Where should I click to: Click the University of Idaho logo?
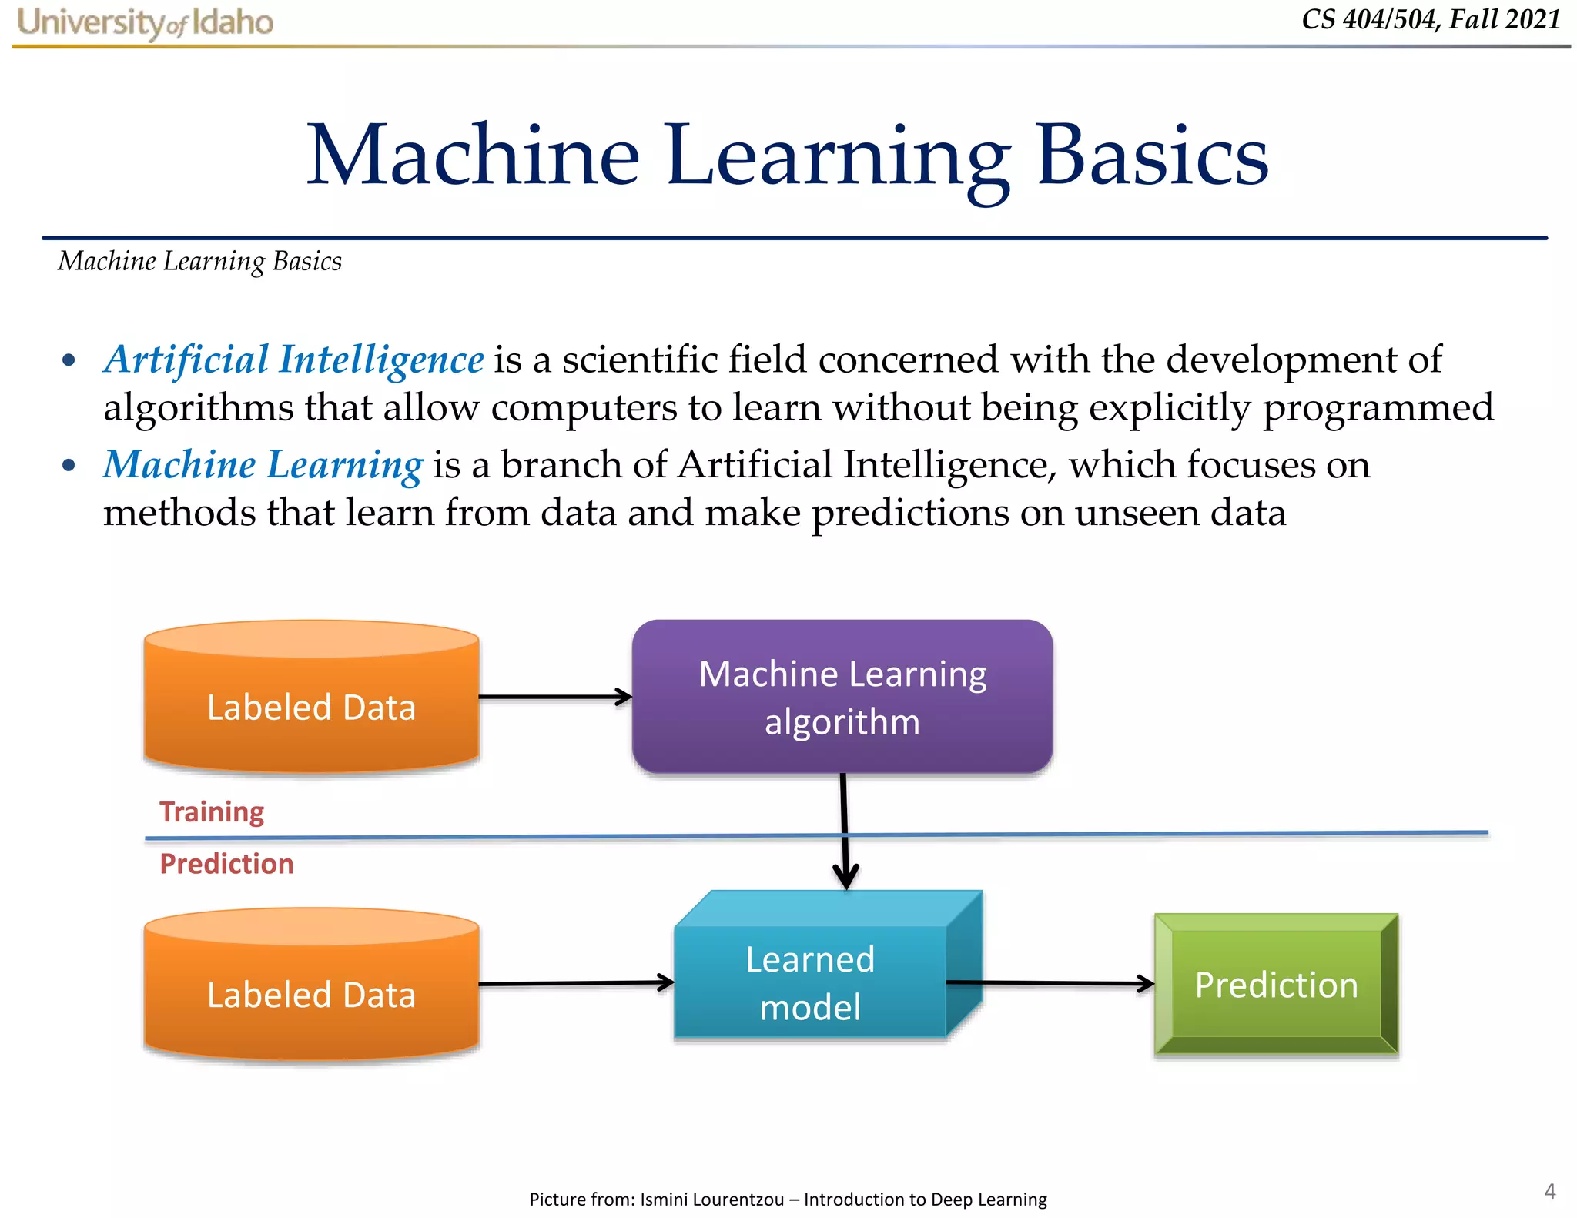tap(145, 22)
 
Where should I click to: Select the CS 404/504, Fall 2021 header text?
tap(1431, 19)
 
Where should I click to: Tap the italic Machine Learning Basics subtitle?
tap(199, 262)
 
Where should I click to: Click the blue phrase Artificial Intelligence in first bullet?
tap(294, 360)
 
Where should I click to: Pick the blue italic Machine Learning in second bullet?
tap(263, 465)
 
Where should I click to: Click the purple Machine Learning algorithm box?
tap(842, 697)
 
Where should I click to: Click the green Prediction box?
tap(1276, 985)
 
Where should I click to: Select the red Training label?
tap(212, 811)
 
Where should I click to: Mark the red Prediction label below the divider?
tap(226, 864)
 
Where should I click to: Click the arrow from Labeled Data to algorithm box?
tap(554, 697)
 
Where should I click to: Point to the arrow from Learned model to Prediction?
tap(1050, 983)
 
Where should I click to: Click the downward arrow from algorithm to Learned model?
tap(844, 832)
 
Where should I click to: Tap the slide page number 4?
tap(1549, 1192)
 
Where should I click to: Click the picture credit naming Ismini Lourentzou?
tap(788, 1200)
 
